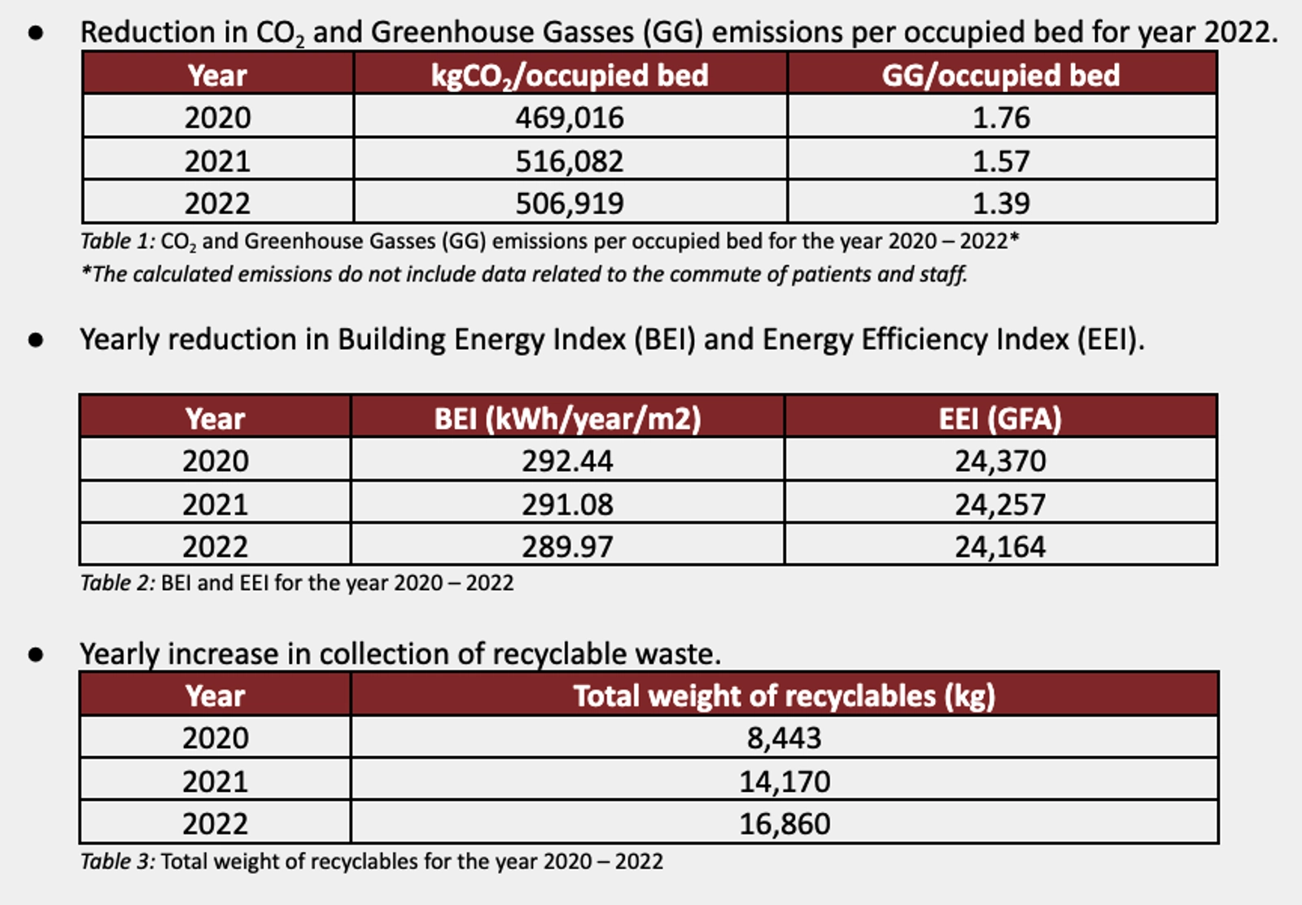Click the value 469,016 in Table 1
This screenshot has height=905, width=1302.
pyautogui.click(x=570, y=118)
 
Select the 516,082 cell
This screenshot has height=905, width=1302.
pyautogui.click(x=570, y=161)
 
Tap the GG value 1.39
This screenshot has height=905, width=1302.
pyautogui.click(x=1001, y=203)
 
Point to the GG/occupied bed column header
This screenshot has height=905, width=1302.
pyautogui.click(x=1001, y=76)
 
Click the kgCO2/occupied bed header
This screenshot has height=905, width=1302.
pyautogui.click(x=570, y=76)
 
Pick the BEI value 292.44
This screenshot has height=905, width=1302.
pyautogui.click(x=567, y=461)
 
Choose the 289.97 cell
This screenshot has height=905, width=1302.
pyautogui.click(x=567, y=547)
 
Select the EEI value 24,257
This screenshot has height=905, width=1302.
pyautogui.click(x=1000, y=505)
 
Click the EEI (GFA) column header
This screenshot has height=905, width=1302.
pyautogui.click(x=1000, y=419)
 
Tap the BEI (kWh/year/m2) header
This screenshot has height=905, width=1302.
pyautogui.click(x=567, y=419)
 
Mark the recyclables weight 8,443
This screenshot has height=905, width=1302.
pyautogui.click(x=784, y=738)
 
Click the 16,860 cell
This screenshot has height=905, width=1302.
pyautogui.click(x=784, y=824)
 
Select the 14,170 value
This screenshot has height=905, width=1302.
pyautogui.click(x=784, y=781)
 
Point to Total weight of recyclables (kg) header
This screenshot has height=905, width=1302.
pyautogui.click(x=784, y=696)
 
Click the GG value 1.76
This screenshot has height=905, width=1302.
pyautogui.click(x=1001, y=118)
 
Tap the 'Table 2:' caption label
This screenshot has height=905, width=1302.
pyautogui.click(x=117, y=583)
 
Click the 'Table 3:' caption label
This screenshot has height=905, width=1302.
pyautogui.click(x=117, y=861)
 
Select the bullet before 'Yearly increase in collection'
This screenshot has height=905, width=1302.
pyautogui.click(x=36, y=654)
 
